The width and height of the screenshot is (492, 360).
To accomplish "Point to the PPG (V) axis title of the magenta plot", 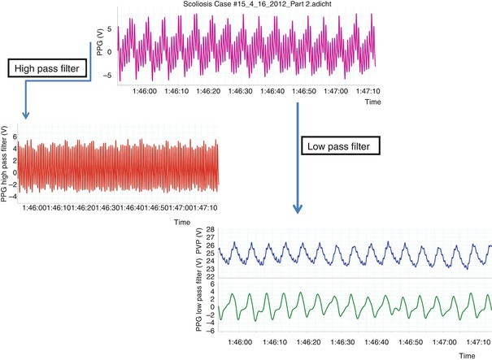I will (x=98, y=46).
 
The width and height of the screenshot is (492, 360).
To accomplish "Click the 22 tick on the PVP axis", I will (x=210, y=277).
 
